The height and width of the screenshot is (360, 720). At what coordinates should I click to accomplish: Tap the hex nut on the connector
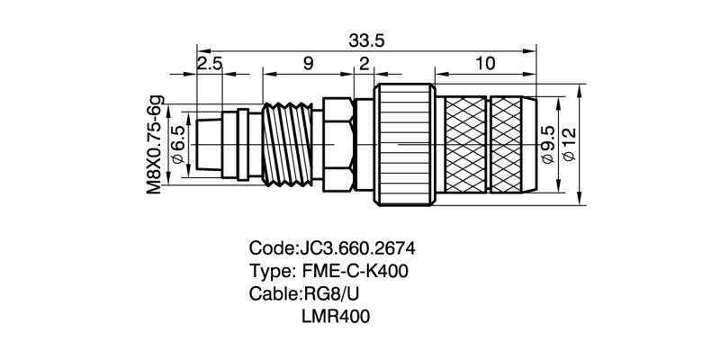tap(336, 144)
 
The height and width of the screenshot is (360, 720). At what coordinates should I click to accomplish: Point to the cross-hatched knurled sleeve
tap(490, 144)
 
